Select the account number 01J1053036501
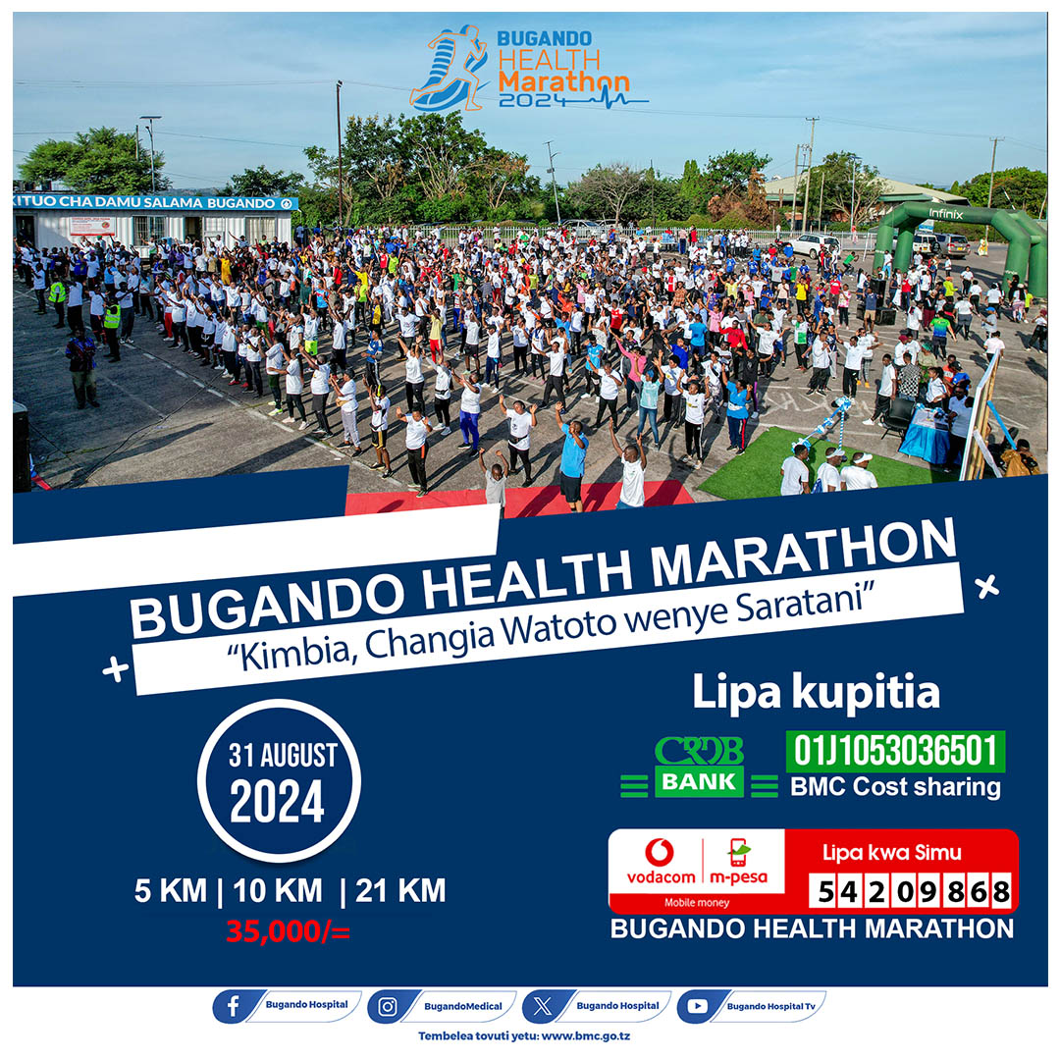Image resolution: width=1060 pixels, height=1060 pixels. (894, 752)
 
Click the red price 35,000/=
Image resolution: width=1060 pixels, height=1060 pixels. (288, 930)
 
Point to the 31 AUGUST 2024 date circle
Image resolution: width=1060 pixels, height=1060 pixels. (278, 781)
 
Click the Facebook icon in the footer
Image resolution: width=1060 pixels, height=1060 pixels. (232, 1006)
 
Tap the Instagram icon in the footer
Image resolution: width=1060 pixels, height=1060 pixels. (388, 1006)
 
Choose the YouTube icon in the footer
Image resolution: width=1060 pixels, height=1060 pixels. (697, 1006)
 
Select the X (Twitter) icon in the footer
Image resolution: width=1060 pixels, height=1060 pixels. (542, 1006)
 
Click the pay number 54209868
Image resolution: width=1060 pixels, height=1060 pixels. (913, 891)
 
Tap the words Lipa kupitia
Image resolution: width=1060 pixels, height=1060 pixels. (816, 692)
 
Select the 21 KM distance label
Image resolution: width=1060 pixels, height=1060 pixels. (400, 891)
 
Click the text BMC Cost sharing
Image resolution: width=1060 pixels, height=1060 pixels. (894, 787)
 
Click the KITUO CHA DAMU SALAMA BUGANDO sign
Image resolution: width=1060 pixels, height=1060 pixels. (155, 202)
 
